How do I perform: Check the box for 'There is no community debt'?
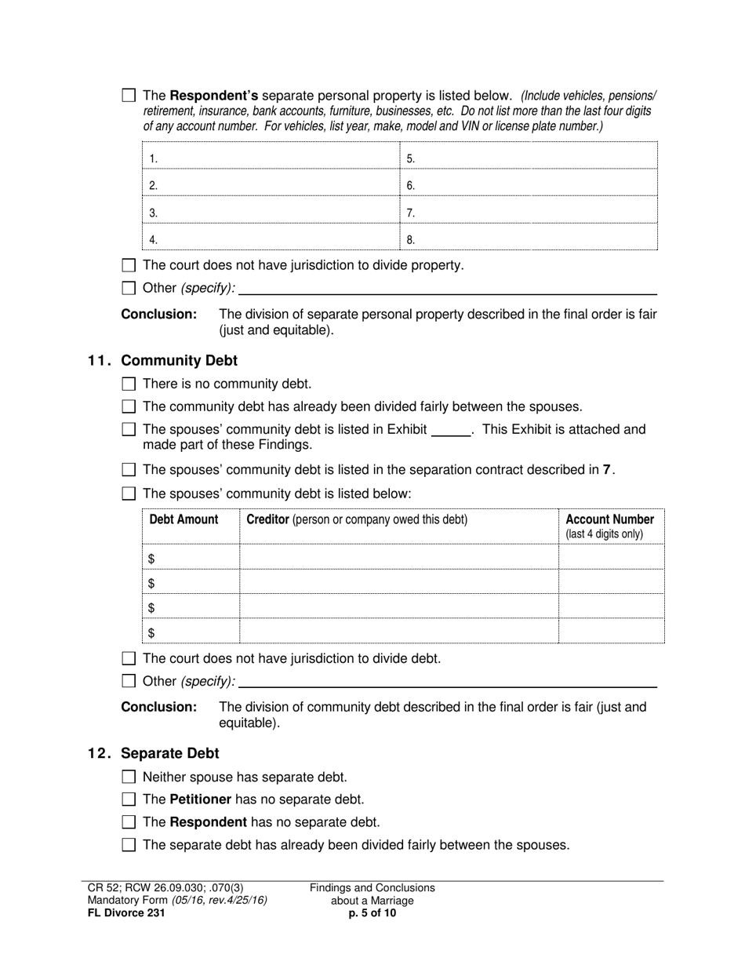tap(129, 384)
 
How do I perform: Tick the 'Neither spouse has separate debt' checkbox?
tap(129, 777)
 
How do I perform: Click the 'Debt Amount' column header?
tap(184, 519)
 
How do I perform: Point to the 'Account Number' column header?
tap(609, 519)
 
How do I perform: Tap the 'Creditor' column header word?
tap(268, 519)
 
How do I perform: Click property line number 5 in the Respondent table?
tap(410, 159)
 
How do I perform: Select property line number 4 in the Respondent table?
tap(153, 240)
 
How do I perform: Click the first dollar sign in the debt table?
tap(151, 559)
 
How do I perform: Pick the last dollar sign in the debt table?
tap(151, 632)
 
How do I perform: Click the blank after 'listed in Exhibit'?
tap(451, 430)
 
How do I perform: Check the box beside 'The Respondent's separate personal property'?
tap(129, 96)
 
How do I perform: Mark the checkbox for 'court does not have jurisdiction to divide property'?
tap(129, 265)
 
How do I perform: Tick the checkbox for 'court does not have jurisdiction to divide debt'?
tap(129, 658)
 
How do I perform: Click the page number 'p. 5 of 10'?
tap(372, 912)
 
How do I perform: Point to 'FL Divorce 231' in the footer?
tap(126, 912)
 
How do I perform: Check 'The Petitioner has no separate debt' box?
tap(129, 799)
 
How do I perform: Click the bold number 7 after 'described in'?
tap(606, 470)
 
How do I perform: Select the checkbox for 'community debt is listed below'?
tap(129, 493)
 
